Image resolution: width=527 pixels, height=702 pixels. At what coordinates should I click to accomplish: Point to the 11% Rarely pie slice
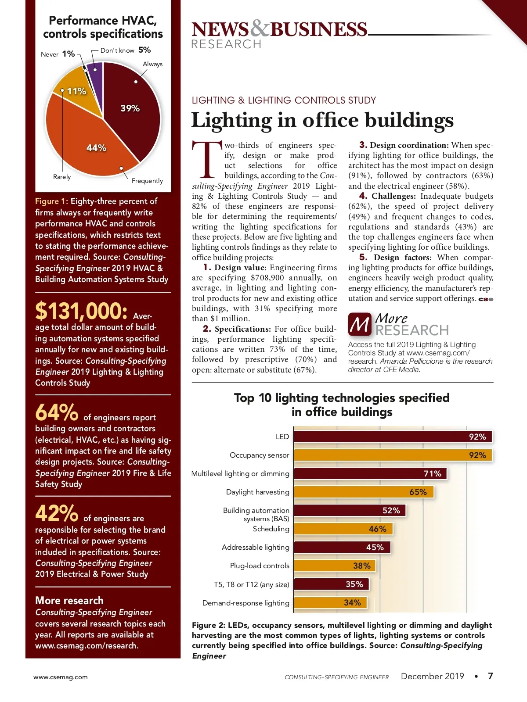77,94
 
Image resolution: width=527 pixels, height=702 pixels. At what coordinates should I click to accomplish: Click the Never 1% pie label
58,54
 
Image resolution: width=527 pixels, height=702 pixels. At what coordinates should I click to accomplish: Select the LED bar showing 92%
393,437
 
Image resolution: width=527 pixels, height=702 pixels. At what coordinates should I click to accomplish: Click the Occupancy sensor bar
393,455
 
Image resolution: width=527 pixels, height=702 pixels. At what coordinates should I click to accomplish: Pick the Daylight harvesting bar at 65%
363,492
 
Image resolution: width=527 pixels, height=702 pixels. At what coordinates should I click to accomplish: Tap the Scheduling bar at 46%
343,529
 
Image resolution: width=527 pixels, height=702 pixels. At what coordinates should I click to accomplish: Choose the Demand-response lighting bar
330,603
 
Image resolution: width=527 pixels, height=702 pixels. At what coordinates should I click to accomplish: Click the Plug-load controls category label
260,566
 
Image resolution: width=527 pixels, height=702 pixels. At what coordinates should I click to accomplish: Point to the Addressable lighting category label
255,547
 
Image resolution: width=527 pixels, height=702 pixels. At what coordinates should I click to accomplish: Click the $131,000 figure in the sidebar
81,311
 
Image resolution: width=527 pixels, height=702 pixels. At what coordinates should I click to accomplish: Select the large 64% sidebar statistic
57,413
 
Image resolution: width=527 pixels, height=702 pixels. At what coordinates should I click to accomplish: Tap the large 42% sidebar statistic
57,513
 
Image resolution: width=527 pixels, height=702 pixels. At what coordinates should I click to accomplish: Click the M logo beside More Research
360,324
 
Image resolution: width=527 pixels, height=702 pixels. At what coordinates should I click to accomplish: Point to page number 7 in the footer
490,676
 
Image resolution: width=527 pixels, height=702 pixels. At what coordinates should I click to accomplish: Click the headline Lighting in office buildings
322,120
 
